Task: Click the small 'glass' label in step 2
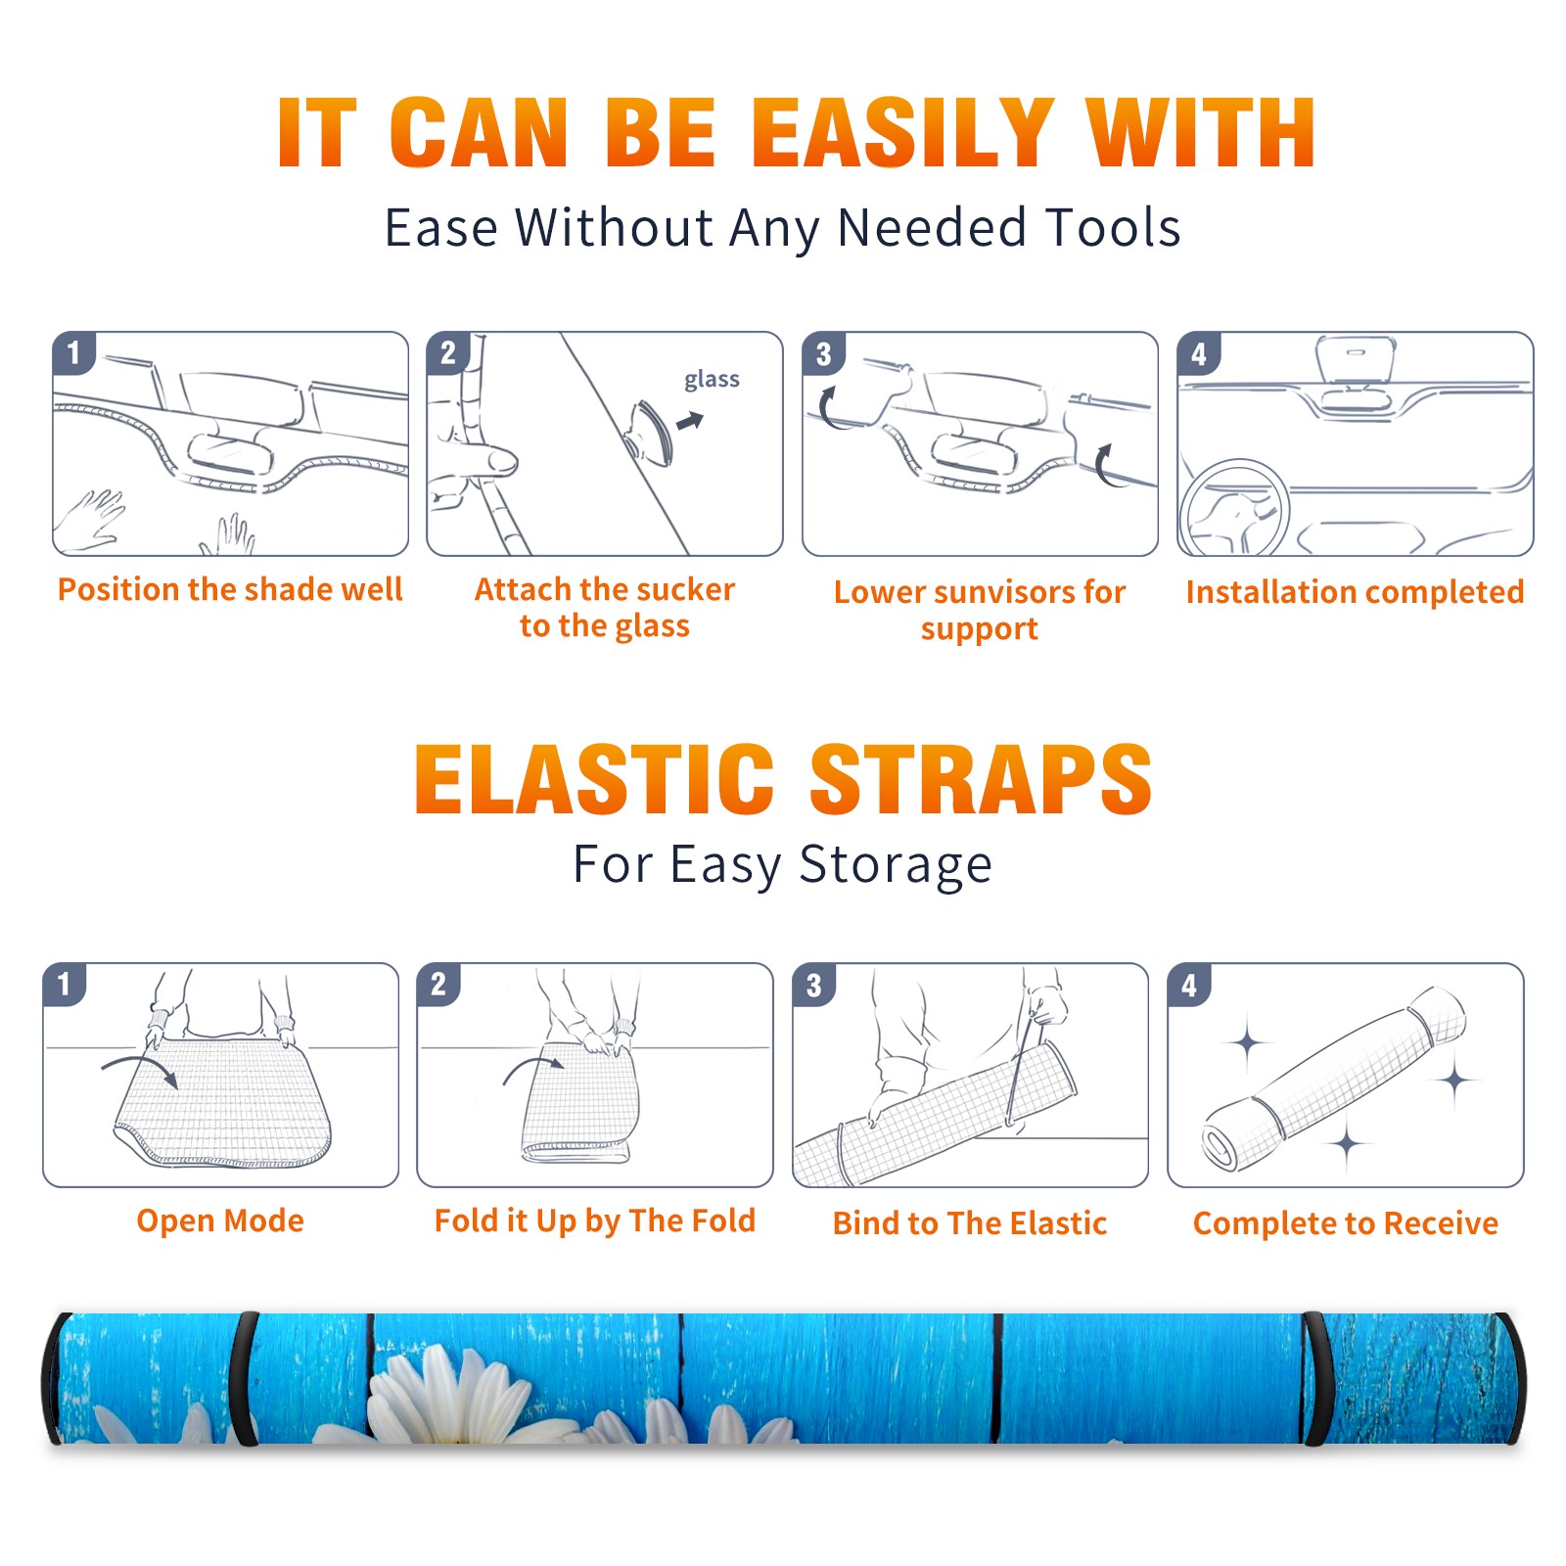pyautogui.click(x=712, y=380)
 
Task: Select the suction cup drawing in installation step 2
pyautogui.click(x=647, y=431)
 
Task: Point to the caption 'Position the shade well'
pyautogui.click(x=230, y=589)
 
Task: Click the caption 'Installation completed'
pyautogui.click(x=1355, y=592)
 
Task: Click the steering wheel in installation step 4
pyautogui.click(x=1234, y=509)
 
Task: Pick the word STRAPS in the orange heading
pyautogui.click(x=981, y=779)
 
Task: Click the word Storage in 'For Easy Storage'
pyautogui.click(x=896, y=865)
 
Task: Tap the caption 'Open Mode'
pyautogui.click(x=220, y=1221)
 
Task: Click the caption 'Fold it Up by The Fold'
pyautogui.click(x=595, y=1221)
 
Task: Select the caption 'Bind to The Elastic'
pyautogui.click(x=970, y=1223)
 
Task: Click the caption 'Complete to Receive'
pyautogui.click(x=1346, y=1223)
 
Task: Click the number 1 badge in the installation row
pyautogui.click(x=73, y=353)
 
